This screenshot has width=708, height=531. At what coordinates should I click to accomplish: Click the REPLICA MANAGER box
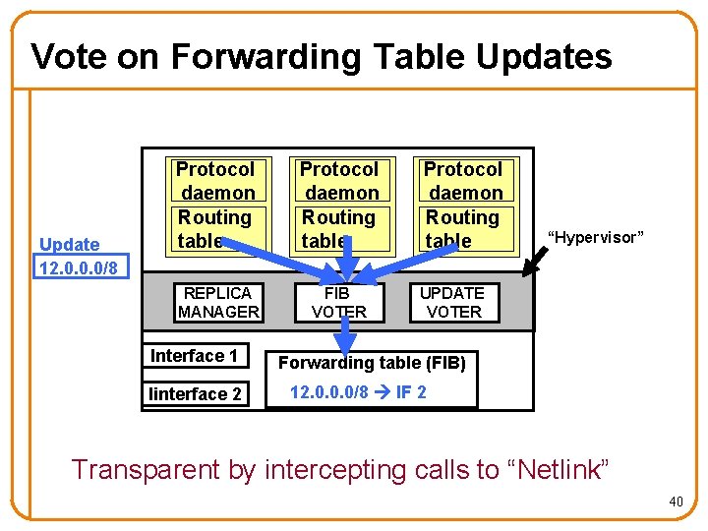point(218,303)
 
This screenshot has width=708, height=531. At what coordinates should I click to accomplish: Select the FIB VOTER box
point(338,303)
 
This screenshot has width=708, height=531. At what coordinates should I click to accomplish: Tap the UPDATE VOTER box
point(452,303)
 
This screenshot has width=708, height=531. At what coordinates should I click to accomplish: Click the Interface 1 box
point(194,356)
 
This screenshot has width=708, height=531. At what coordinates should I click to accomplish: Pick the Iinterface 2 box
point(195,394)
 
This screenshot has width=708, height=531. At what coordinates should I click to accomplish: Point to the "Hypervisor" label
point(595,237)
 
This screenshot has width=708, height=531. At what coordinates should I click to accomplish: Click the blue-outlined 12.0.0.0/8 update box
point(78,267)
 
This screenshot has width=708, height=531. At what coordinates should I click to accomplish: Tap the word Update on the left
point(70,245)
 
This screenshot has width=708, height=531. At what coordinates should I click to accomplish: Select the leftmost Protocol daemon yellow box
point(214,206)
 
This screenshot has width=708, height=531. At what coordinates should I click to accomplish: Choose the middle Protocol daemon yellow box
point(339,206)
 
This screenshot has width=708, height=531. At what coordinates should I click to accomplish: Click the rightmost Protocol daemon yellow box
point(463,206)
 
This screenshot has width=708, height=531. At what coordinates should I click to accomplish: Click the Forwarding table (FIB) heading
point(372,363)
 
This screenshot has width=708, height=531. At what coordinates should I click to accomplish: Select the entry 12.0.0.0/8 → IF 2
point(358,392)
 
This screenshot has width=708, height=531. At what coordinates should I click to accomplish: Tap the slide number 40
point(676,502)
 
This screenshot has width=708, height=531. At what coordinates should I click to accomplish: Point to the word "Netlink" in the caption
point(560,470)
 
